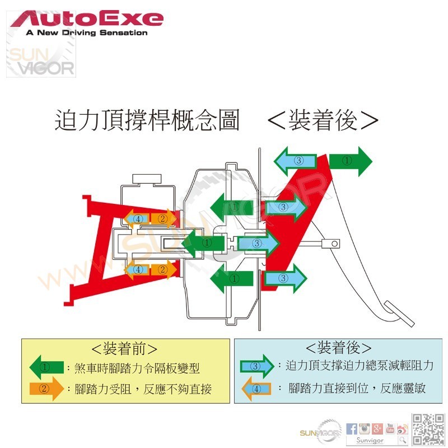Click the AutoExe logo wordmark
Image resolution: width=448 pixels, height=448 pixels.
87,20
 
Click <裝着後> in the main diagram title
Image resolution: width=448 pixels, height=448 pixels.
323,120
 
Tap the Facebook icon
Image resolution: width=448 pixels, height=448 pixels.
352,429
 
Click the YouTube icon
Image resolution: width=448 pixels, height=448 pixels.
390,429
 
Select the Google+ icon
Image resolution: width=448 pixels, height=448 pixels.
377,429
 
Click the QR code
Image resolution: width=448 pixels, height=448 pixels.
427,429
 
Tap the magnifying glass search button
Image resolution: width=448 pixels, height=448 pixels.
402,440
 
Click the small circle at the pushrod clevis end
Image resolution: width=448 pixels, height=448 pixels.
334,243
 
